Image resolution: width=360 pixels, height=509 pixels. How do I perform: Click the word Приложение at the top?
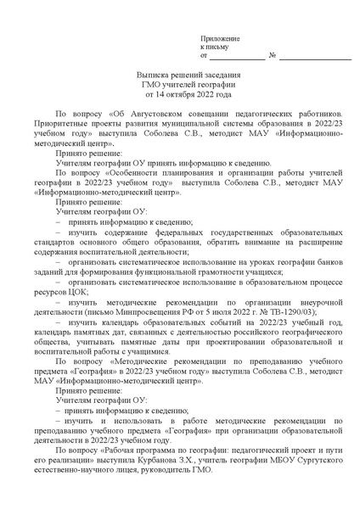pyautogui.click(x=221, y=39)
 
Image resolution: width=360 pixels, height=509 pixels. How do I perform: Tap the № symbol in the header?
pyautogui.click(x=272, y=57)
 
